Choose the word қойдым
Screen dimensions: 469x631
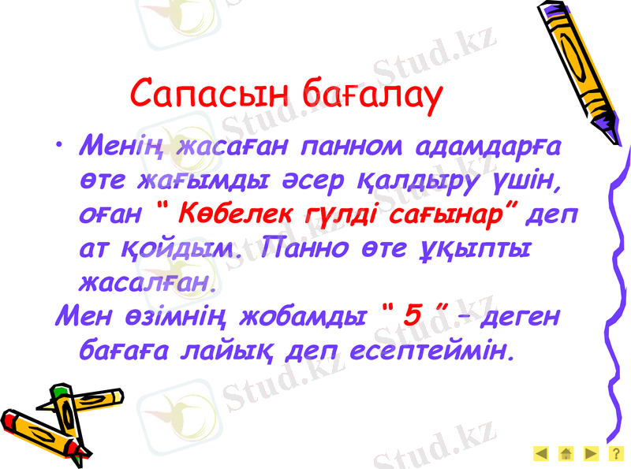(x=183, y=248)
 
